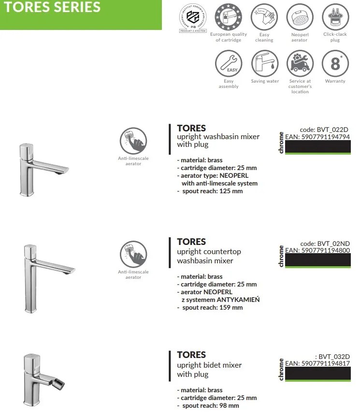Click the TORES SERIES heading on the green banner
click(53, 8)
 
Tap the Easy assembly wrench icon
click(229, 63)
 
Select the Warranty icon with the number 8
click(335, 63)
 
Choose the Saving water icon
click(265, 63)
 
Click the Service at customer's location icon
click(300, 63)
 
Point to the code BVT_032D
click(334, 357)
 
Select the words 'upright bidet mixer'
click(209, 365)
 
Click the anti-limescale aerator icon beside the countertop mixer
click(133, 254)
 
